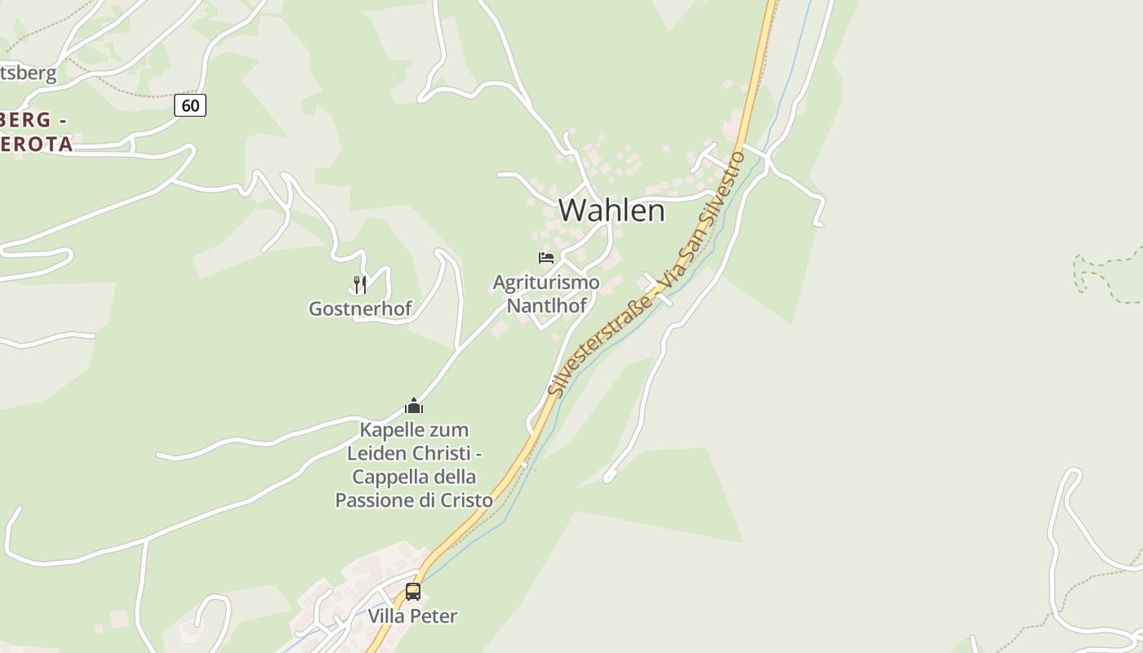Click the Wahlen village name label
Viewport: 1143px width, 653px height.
point(612,211)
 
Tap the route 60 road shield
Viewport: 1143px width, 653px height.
point(190,105)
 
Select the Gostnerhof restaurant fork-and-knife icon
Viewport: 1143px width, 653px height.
point(360,284)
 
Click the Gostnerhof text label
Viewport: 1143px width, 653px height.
point(360,309)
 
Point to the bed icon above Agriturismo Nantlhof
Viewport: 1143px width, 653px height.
point(546,258)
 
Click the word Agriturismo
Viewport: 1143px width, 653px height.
point(546,282)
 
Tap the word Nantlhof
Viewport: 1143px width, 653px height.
point(547,306)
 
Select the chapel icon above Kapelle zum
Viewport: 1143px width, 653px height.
point(414,406)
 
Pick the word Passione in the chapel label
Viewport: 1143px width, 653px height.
point(374,500)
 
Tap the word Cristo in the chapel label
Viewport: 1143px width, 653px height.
point(465,500)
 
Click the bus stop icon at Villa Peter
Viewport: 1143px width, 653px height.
point(413,592)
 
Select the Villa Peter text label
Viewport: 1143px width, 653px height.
point(412,615)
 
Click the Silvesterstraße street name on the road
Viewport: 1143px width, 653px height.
point(600,347)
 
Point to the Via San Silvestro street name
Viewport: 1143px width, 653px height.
point(704,220)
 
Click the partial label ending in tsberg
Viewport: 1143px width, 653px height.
point(29,73)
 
